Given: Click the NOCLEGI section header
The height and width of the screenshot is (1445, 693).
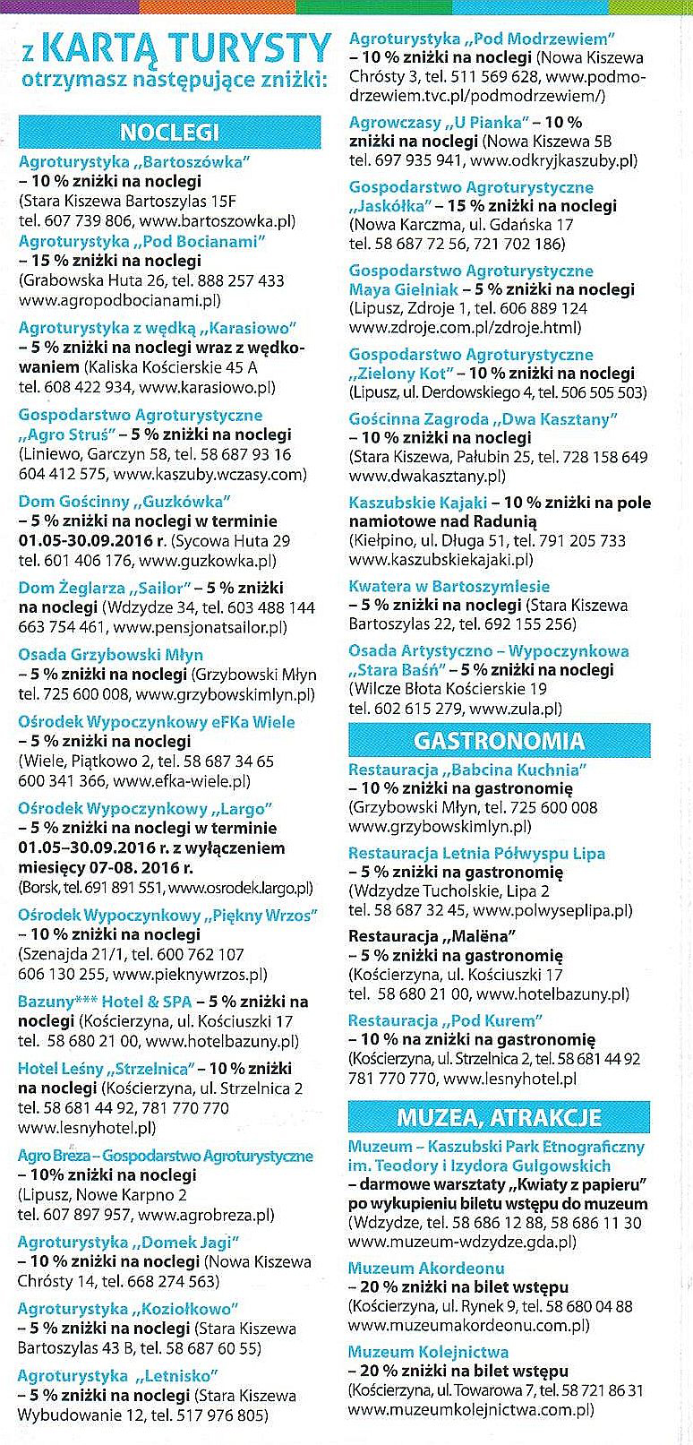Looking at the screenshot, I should (169, 133).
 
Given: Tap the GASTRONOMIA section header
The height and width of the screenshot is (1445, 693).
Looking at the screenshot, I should (499, 741).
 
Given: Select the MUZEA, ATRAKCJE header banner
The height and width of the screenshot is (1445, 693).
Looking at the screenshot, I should (499, 1118).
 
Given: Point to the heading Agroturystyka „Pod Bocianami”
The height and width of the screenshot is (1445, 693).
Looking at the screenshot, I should (142, 241).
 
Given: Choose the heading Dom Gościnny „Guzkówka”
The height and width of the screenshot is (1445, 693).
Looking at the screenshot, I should (124, 501).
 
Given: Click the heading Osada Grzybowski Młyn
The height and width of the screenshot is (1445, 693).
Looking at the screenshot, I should (110, 654).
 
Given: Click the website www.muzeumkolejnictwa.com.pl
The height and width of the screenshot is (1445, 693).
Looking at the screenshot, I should (471, 1409).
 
